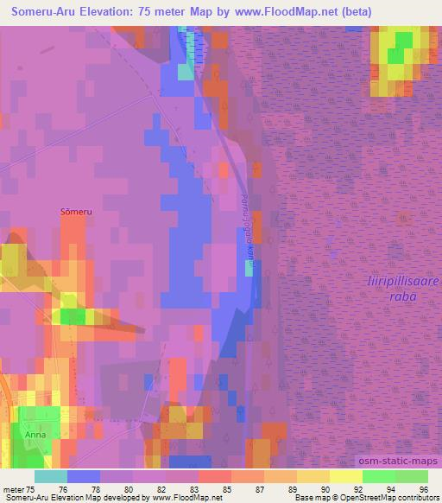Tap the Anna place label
[x=35, y=435]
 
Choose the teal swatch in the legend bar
[x=51, y=475]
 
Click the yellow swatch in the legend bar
[x=346, y=475]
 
